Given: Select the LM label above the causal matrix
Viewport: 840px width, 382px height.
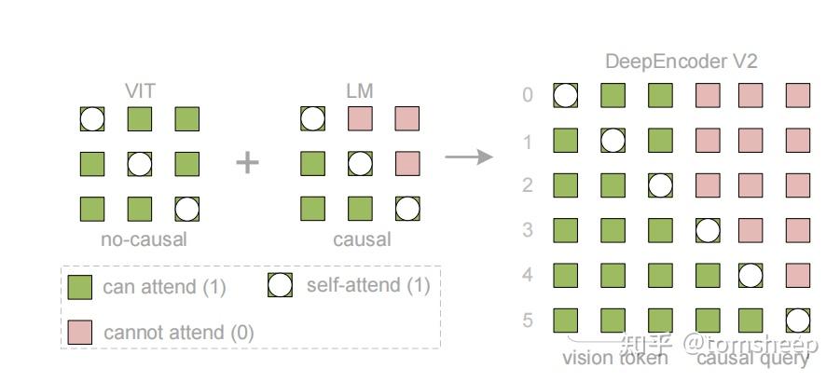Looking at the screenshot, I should click(x=360, y=91).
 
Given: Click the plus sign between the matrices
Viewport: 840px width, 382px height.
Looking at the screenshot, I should click(x=248, y=163).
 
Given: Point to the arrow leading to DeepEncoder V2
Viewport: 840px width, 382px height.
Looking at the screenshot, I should click(x=468, y=156).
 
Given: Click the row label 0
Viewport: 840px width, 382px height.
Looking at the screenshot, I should click(x=528, y=95).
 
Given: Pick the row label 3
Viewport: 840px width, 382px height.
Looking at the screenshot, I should click(x=528, y=229).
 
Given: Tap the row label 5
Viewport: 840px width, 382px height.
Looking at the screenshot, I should click(x=528, y=321).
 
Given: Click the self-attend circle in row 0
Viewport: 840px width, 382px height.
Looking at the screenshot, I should click(x=565, y=95).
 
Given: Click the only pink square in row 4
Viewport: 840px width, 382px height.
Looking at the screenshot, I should click(x=797, y=275).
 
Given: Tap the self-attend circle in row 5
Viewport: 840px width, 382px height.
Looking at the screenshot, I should click(x=797, y=321).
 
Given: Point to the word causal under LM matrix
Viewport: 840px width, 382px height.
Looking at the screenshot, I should click(x=362, y=239).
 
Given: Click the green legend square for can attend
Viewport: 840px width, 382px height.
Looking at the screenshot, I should click(x=81, y=287).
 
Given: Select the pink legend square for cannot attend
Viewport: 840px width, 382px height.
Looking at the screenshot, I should click(x=81, y=332).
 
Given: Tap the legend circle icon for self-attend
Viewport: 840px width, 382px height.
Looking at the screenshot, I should click(x=280, y=285).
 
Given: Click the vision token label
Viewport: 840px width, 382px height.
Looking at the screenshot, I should click(x=615, y=358).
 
